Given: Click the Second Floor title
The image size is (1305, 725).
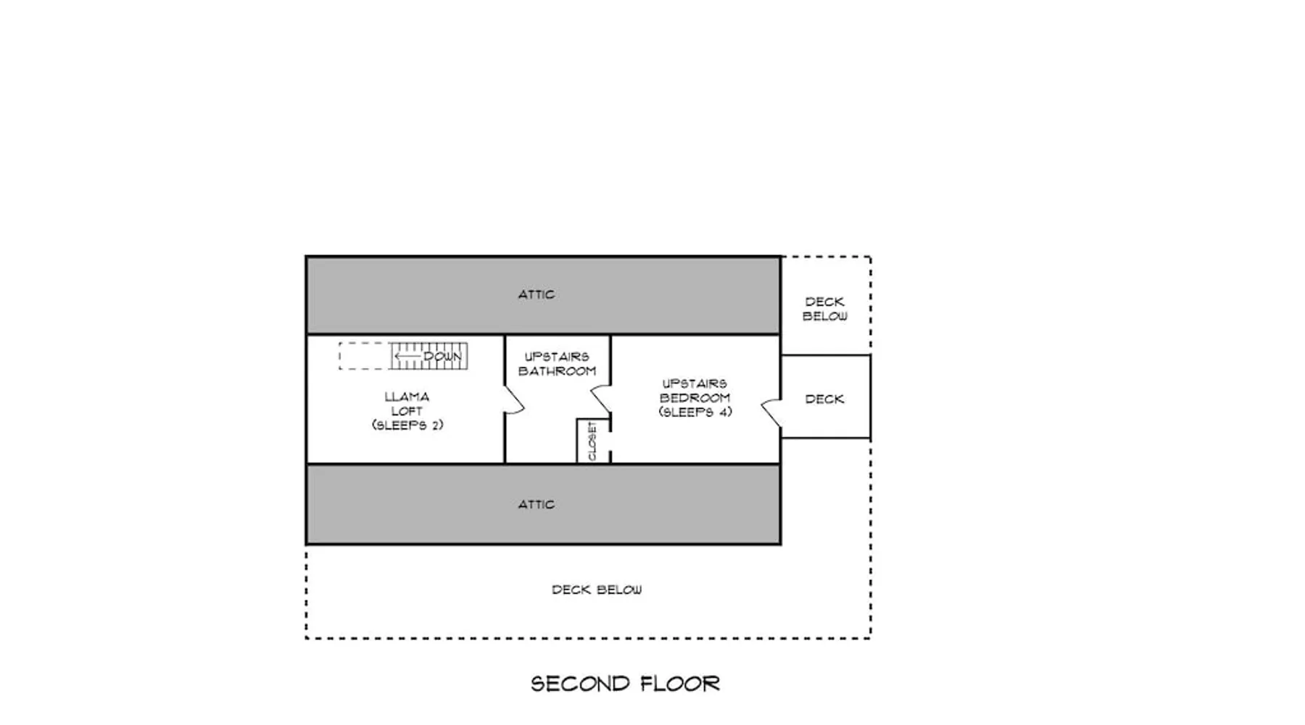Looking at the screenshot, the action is pyautogui.click(x=625, y=684).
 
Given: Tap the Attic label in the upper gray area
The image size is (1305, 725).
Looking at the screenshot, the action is pyautogui.click(x=536, y=294).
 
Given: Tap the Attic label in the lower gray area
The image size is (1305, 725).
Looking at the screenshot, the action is pyautogui.click(x=536, y=504).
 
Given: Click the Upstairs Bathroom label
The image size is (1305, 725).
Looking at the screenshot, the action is pyautogui.click(x=557, y=364).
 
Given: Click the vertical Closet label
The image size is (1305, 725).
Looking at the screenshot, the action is pyautogui.click(x=592, y=441).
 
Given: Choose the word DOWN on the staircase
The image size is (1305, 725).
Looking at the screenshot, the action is pyautogui.click(x=442, y=357).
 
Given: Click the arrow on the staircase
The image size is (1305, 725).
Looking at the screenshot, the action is pyautogui.click(x=408, y=356).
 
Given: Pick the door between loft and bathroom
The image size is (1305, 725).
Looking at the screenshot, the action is pyautogui.click(x=514, y=400).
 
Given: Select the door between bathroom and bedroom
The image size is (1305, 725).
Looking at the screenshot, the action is pyautogui.click(x=601, y=399).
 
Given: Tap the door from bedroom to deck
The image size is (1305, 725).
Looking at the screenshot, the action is pyautogui.click(x=771, y=413).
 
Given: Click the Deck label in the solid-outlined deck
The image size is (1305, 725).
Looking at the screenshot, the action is pyautogui.click(x=824, y=399).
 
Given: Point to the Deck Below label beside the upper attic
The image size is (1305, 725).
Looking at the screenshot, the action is pyautogui.click(x=824, y=309).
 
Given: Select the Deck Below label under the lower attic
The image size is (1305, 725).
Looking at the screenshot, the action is pyautogui.click(x=597, y=589).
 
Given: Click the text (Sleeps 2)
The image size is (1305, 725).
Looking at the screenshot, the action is pyautogui.click(x=407, y=425).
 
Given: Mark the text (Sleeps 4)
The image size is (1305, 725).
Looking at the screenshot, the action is pyautogui.click(x=695, y=412).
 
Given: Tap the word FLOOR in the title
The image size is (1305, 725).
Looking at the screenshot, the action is pyautogui.click(x=680, y=684).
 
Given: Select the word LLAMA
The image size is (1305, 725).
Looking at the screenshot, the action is pyautogui.click(x=407, y=397).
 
